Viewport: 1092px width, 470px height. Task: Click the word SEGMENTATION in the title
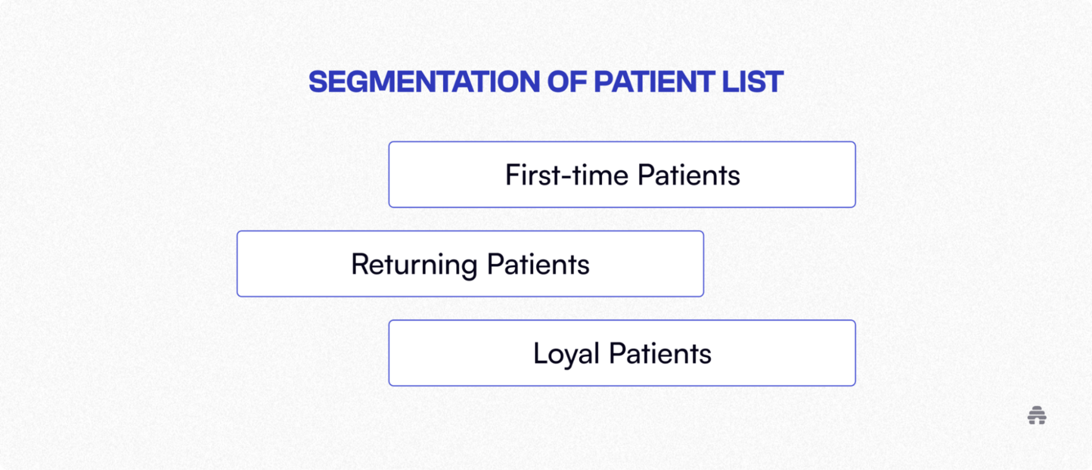point(424,82)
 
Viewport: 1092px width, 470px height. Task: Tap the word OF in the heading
point(567,82)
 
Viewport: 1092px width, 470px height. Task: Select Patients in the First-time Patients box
point(689,175)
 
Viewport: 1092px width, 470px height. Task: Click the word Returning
point(414,266)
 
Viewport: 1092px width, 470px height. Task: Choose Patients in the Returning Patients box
point(538,264)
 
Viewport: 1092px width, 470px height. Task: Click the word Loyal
point(566,354)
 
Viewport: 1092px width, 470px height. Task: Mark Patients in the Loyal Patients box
point(660,353)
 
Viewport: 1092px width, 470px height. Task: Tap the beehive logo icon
point(1037,415)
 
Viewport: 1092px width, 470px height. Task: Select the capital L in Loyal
point(541,353)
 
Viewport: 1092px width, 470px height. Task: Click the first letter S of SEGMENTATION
point(318,82)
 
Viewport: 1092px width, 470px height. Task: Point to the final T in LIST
point(774,82)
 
